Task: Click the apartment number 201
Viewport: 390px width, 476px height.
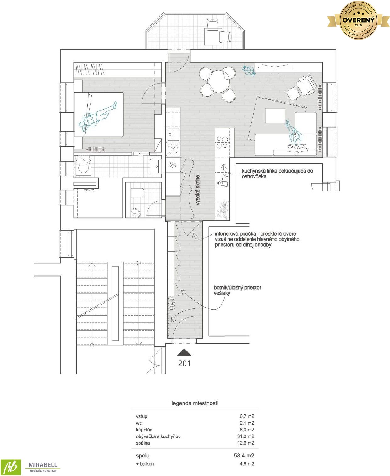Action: (184, 363)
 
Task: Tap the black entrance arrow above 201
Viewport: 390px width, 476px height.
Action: (184, 353)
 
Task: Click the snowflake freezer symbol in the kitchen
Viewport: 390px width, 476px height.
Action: (173, 164)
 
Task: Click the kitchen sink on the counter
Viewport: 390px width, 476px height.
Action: (173, 134)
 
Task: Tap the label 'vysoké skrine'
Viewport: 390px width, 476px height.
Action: (198, 190)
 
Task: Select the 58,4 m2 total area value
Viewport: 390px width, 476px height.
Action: (244, 456)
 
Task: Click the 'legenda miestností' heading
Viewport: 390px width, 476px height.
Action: (195, 403)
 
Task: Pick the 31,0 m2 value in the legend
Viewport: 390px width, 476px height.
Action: (246, 436)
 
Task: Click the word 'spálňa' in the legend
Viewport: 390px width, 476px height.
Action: (143, 443)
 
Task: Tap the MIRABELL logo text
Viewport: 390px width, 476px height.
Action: (43, 465)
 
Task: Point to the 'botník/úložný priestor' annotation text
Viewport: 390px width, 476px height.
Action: (237, 287)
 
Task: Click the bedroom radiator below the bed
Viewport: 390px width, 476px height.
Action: (96, 149)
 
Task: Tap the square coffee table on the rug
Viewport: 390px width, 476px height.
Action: (275, 115)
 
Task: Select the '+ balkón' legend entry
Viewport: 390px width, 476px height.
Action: (145, 464)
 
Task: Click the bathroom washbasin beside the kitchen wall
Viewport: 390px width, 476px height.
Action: (156, 167)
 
